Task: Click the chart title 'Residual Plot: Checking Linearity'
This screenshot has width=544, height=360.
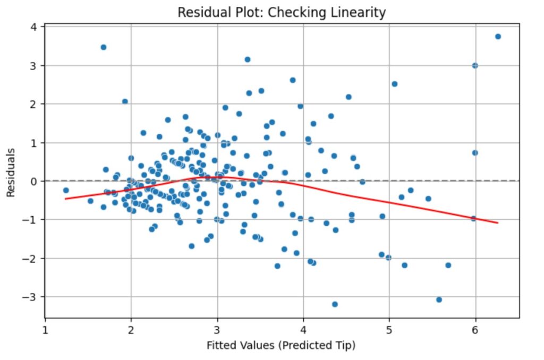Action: click(x=282, y=12)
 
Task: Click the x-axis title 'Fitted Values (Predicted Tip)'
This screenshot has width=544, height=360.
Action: click(x=281, y=346)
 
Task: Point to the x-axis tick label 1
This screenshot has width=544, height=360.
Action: click(x=45, y=329)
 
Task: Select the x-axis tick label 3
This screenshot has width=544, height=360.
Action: click(x=217, y=329)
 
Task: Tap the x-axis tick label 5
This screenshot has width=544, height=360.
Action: click(x=389, y=329)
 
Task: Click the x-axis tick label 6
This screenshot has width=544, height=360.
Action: click(x=475, y=329)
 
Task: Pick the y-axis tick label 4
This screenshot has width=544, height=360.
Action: click(x=32, y=27)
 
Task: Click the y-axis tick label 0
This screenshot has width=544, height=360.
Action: click(x=32, y=181)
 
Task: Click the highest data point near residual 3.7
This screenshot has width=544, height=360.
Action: click(x=498, y=37)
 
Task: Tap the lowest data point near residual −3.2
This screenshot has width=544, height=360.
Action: click(x=335, y=304)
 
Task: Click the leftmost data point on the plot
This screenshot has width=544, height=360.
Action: click(x=66, y=190)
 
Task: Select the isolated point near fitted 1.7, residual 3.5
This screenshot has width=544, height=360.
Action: click(x=104, y=47)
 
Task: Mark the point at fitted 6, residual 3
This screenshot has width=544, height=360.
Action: click(x=475, y=65)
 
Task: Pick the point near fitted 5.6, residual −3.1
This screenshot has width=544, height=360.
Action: click(x=439, y=299)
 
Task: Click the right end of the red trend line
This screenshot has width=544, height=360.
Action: click(x=498, y=222)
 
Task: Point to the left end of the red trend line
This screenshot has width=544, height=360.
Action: click(x=65, y=199)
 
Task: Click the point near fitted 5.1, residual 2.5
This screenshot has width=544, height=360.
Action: click(x=395, y=84)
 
